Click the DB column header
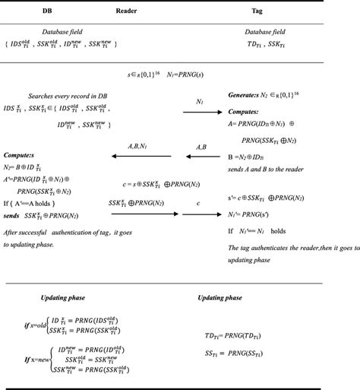[x=48, y=12]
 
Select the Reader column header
[x=127, y=12]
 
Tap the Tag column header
[x=257, y=12]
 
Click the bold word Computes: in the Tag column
[x=245, y=110]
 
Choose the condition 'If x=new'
[x=36, y=360]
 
